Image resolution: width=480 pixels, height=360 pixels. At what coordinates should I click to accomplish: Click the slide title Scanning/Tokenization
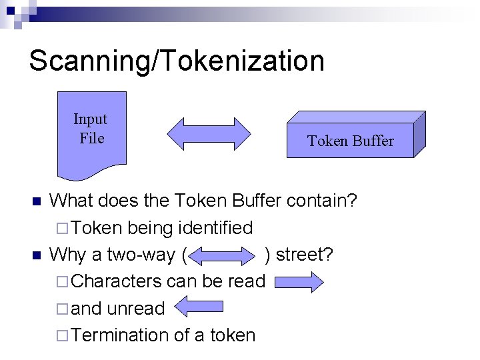[x=177, y=60]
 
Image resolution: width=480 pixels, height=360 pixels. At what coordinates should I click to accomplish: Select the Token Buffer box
[x=350, y=141]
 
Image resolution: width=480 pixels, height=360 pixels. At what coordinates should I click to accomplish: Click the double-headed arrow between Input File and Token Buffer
[x=208, y=134]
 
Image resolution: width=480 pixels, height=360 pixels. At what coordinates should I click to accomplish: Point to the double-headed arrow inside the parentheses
[x=227, y=255]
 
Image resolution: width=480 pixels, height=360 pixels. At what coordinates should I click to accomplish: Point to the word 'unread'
[x=136, y=309]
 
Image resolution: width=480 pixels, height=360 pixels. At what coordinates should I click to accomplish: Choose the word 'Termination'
[x=119, y=335]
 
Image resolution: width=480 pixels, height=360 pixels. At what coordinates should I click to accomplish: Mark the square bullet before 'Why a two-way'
[x=37, y=255]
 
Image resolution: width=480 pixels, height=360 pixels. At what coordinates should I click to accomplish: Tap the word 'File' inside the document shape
[x=91, y=139]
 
